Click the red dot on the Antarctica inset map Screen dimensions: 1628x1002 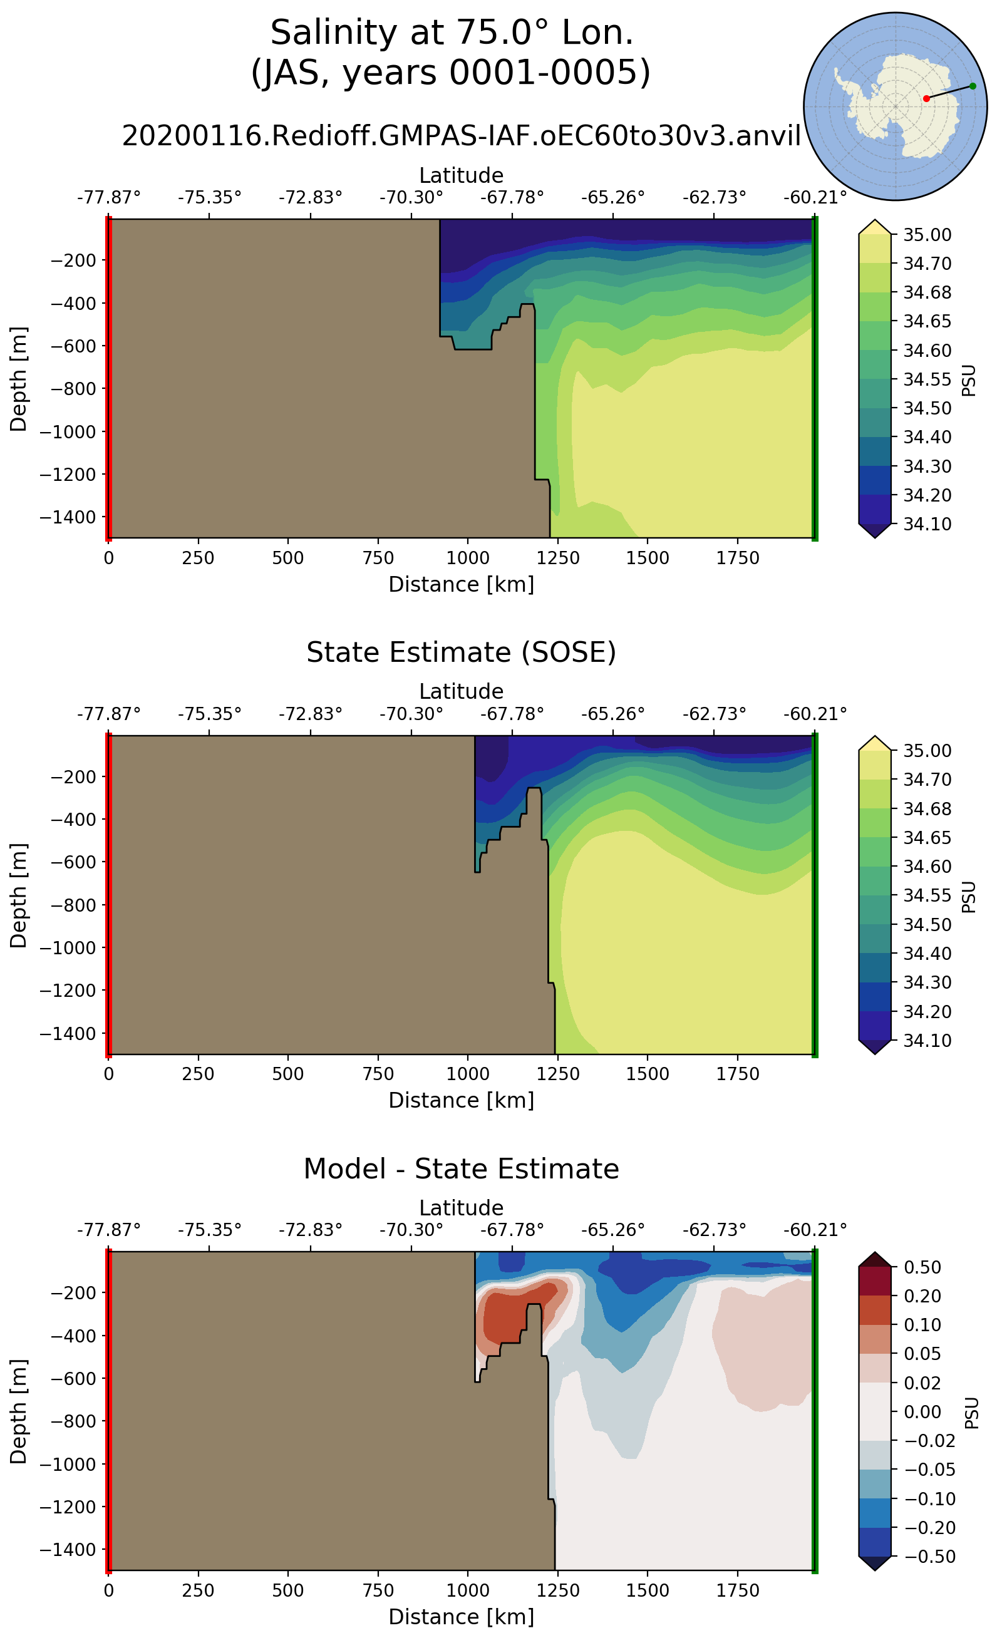(926, 99)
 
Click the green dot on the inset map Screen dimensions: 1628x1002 (972, 86)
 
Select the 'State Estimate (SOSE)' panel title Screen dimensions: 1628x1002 (462, 652)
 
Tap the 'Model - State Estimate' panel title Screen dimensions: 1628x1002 (462, 1169)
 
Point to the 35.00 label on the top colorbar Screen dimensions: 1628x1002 (927, 235)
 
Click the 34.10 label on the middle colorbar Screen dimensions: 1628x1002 (927, 1040)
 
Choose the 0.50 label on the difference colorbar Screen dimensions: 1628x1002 (922, 1267)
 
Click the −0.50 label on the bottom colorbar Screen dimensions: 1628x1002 (926, 1557)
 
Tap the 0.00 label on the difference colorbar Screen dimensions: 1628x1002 (922, 1411)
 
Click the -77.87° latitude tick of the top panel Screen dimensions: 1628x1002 (109, 197)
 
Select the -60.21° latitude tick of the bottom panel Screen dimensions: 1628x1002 (815, 1230)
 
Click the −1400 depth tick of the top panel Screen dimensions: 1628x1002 (68, 517)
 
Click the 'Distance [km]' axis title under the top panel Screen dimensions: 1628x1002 (462, 584)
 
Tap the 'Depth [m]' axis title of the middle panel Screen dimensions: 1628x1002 (19, 895)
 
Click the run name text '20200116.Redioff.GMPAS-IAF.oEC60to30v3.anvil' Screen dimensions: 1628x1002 (462, 136)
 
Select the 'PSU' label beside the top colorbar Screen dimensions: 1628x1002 (969, 379)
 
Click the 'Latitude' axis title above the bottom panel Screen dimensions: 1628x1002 (462, 1207)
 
